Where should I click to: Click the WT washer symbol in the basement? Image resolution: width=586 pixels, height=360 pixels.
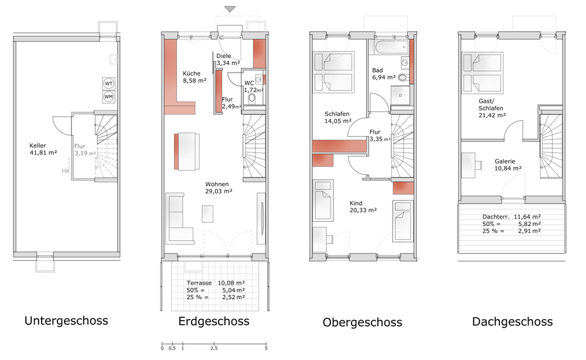point(109,83)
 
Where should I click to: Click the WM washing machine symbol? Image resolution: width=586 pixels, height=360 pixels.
point(109,96)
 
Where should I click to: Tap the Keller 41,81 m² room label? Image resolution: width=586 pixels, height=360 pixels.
point(43,149)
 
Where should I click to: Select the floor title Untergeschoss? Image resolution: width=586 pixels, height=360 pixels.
point(66,321)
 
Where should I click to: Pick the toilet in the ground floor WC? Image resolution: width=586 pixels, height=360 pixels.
point(253,99)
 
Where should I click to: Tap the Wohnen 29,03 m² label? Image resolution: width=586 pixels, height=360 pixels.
point(219,187)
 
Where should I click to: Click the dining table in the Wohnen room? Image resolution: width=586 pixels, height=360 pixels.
point(186,150)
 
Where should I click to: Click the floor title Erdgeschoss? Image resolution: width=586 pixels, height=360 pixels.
point(214,321)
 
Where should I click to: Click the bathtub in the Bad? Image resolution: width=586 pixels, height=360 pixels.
point(389,47)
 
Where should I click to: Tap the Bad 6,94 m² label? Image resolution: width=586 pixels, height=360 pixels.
point(384,74)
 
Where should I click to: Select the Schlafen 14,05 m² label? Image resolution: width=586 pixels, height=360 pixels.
point(338,118)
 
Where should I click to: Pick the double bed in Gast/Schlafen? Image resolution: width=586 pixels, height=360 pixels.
point(483,73)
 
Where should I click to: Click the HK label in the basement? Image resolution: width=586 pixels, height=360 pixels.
point(65,171)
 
